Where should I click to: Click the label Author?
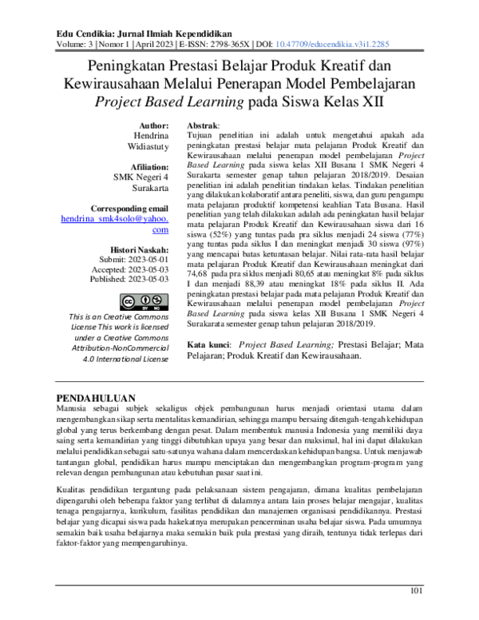pyautogui.click(x=153, y=126)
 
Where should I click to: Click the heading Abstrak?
pyautogui.click(x=202, y=126)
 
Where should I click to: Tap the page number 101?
pyautogui.click(x=415, y=591)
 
